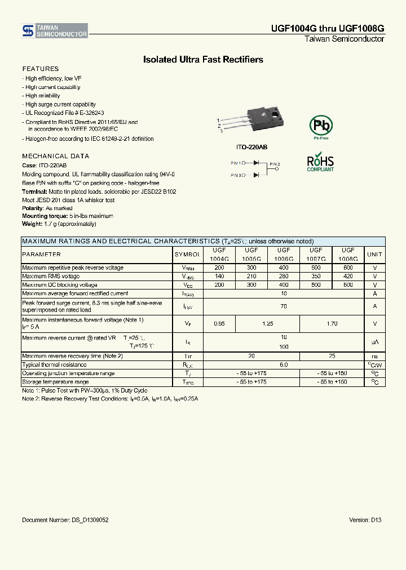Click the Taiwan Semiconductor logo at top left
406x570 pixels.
pos(55,31)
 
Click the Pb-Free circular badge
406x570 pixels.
pos(320,125)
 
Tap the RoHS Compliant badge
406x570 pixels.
pos(320,162)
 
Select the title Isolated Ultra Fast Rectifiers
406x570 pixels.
pos(203,60)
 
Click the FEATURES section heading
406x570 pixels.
pos(40,69)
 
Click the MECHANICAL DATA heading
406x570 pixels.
pos(55,156)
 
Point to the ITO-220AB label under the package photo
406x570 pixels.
pos(251,147)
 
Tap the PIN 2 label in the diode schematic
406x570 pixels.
pos(275,164)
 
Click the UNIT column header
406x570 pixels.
pos(374,255)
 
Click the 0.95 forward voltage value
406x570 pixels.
pos(219,324)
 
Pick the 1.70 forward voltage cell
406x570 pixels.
pos(332,324)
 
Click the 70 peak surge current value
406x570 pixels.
pos(284,306)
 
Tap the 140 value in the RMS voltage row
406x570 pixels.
pos(219,277)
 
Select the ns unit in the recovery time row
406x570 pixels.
pos(374,357)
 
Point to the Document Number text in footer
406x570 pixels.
pos(65,520)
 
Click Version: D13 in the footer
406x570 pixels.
pos(365,520)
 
